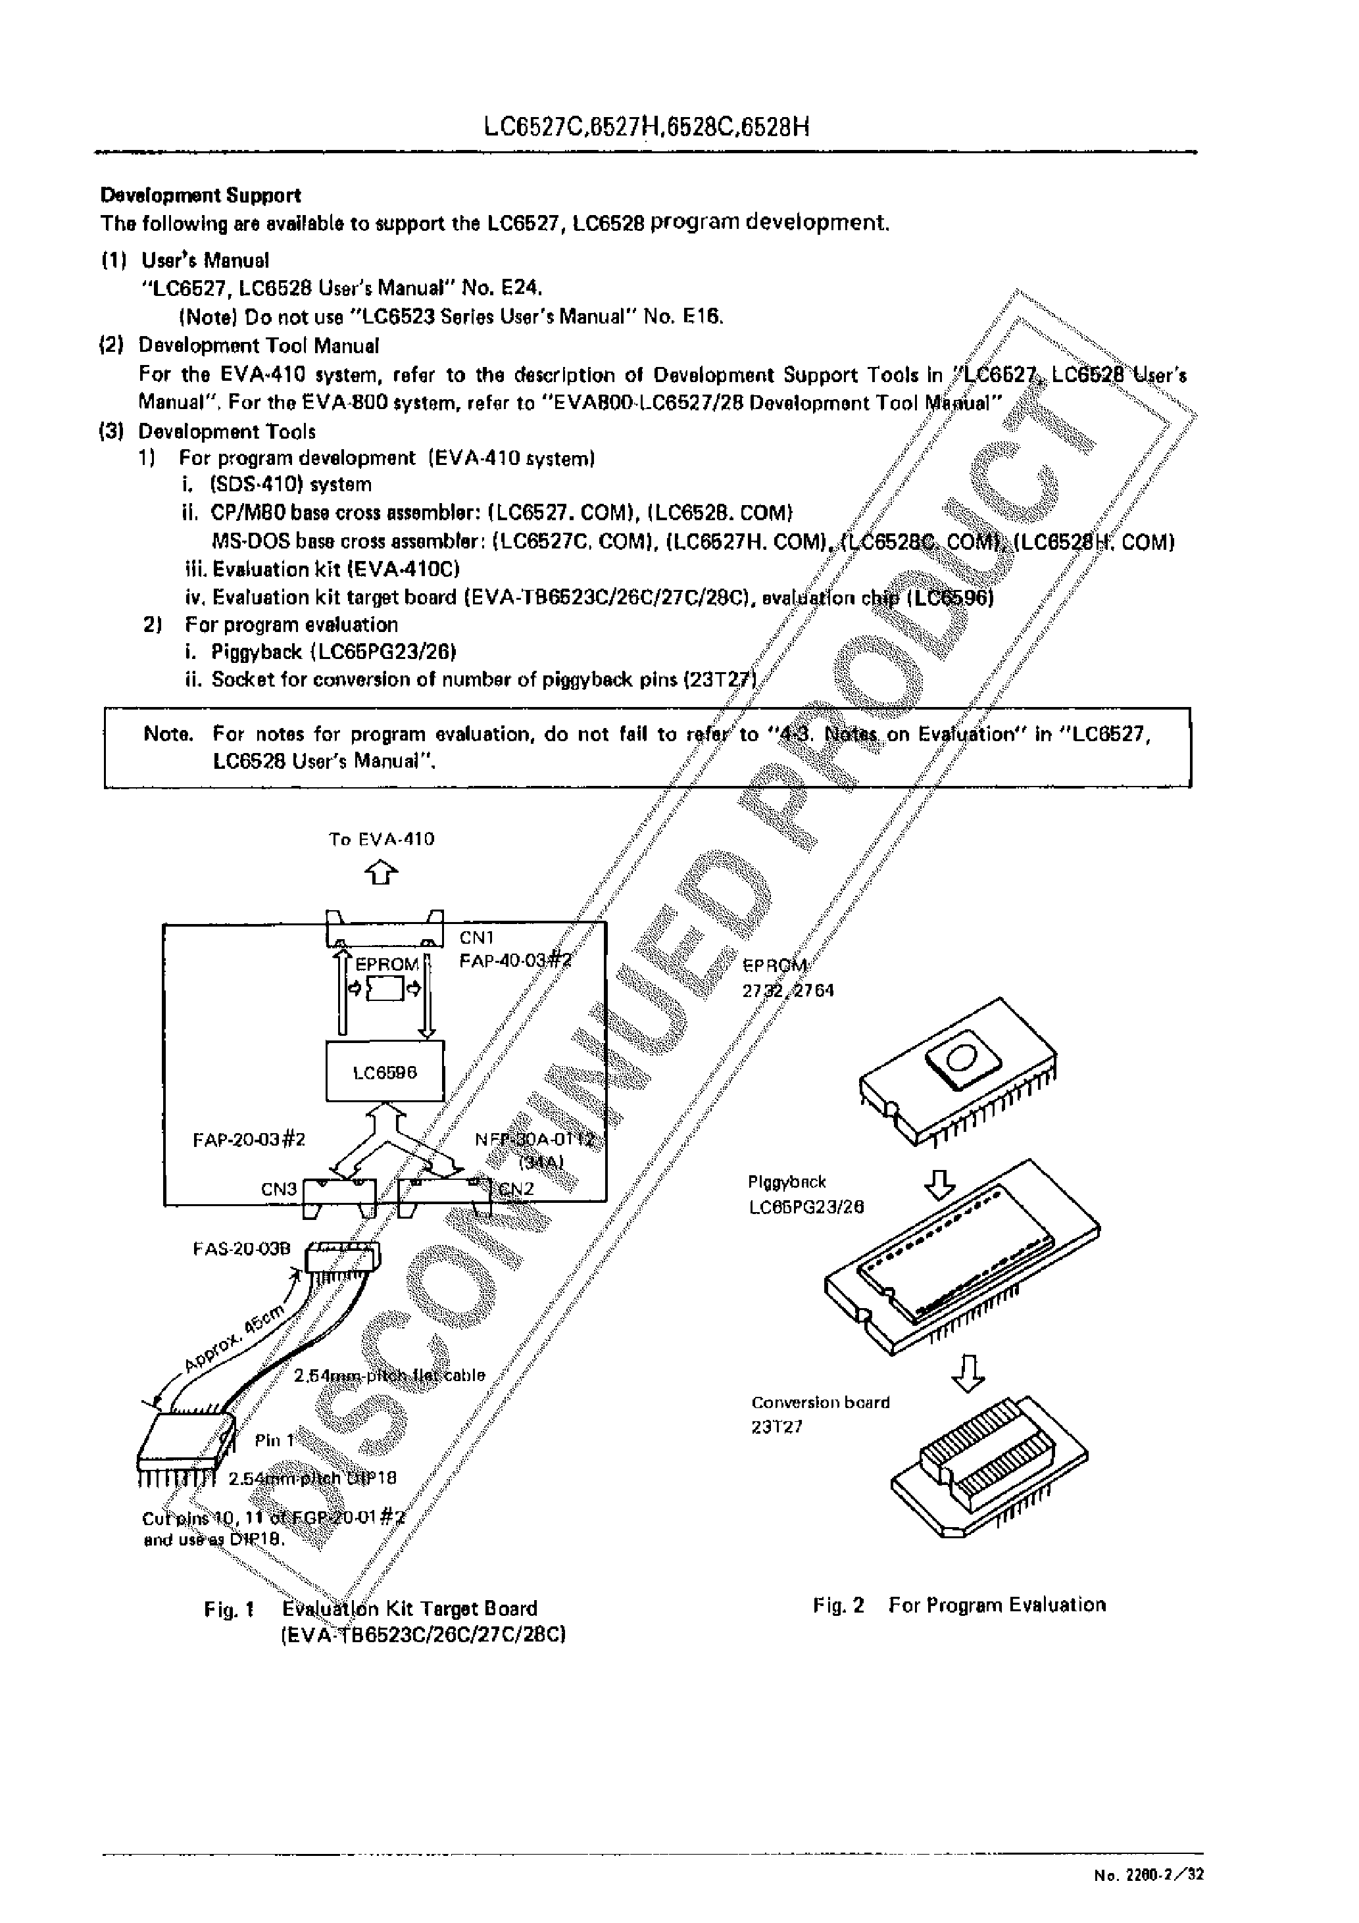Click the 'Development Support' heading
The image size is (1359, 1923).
[x=200, y=195]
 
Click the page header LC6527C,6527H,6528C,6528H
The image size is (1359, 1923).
[x=647, y=128]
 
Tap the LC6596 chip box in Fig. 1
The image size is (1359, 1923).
[x=385, y=1072]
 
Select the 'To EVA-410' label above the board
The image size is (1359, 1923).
[x=382, y=839]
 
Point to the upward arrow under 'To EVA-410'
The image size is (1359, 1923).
[x=382, y=873]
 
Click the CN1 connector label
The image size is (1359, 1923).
[x=478, y=938]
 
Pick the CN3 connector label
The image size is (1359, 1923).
[x=278, y=1188]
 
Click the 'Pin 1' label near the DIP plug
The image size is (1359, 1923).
[x=275, y=1440]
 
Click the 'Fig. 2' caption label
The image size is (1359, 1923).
[x=838, y=1605]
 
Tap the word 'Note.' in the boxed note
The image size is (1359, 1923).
[x=168, y=735]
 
